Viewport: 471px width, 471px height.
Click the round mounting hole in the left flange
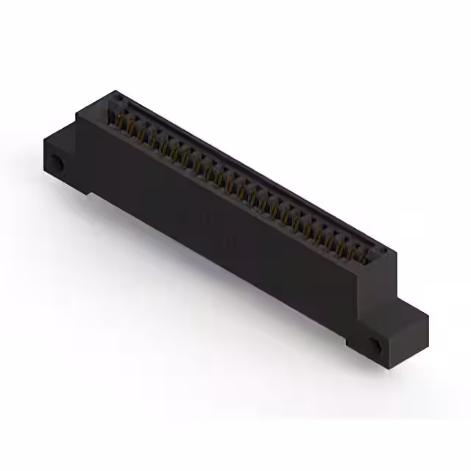[x=55, y=163]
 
